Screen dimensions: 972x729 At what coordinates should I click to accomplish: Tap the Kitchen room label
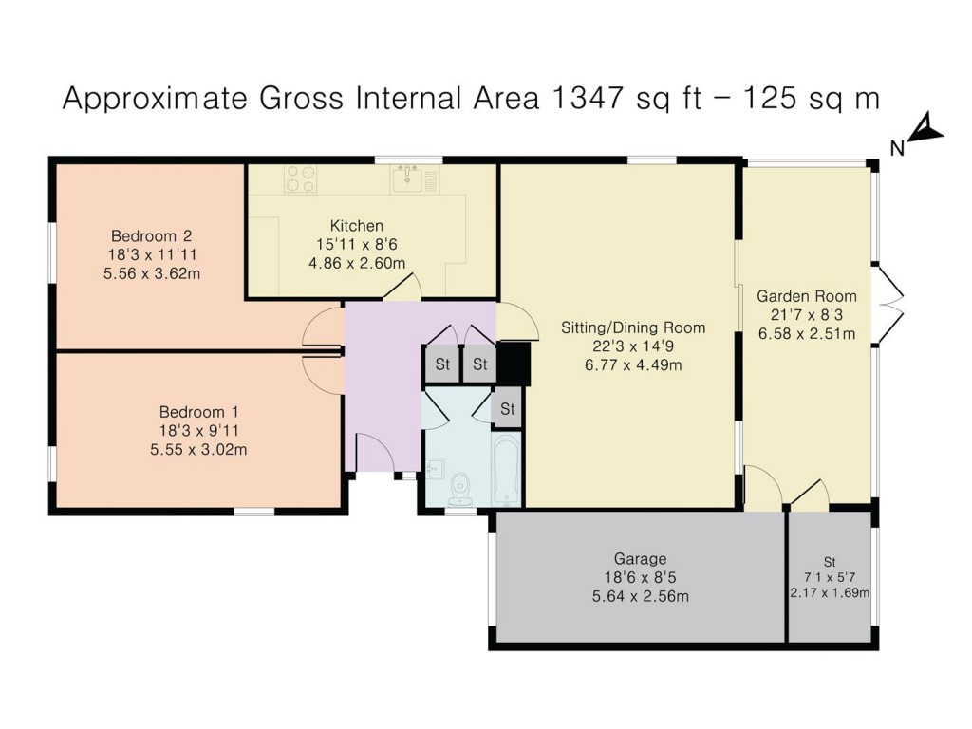point(357,226)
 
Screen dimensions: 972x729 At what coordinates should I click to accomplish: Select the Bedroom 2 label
point(151,236)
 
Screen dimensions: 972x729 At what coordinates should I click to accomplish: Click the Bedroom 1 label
point(199,412)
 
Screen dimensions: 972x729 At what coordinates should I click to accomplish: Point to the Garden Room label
point(807,296)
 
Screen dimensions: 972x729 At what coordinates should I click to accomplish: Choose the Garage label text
point(641,559)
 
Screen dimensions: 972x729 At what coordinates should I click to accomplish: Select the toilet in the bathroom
point(460,489)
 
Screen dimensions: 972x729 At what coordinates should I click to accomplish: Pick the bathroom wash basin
point(435,468)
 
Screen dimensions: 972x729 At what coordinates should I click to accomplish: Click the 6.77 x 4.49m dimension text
point(633,365)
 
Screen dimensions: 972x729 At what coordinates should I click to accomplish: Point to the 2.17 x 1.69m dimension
point(830,593)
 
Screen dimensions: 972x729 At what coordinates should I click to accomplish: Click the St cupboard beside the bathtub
point(508,408)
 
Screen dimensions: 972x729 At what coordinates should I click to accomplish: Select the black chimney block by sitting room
point(514,364)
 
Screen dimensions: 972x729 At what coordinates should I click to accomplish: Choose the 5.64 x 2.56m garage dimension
point(641,597)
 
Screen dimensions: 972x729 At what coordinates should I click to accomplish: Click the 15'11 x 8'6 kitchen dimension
point(357,244)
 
